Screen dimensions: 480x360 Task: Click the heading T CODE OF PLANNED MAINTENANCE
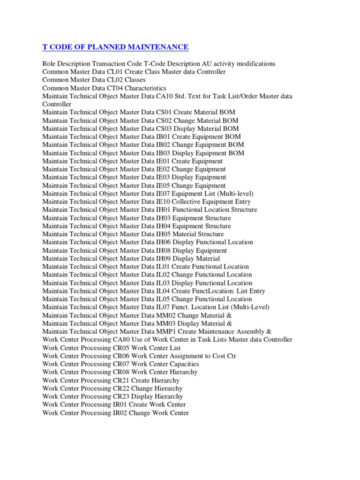click(x=115, y=47)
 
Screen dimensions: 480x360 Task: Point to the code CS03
click(x=164, y=128)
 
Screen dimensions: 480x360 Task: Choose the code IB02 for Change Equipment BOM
click(x=163, y=145)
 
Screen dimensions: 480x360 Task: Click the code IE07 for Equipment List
click(x=163, y=194)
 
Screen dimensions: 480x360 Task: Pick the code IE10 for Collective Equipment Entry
click(x=163, y=202)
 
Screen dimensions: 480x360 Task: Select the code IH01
click(x=164, y=210)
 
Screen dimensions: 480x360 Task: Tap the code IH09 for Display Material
click(x=164, y=258)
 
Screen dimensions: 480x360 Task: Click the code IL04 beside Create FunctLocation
click(x=163, y=291)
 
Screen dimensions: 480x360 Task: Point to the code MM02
click(x=166, y=315)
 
